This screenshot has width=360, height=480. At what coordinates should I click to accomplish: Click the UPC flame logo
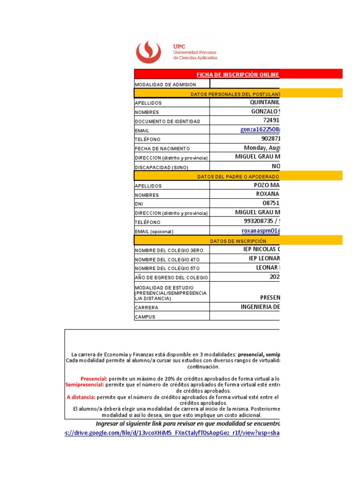148,52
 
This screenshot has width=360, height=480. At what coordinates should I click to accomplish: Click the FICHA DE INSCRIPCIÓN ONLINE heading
238,75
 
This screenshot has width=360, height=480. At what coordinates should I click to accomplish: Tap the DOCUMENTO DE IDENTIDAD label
167,121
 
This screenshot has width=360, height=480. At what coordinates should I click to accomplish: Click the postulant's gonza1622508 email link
260,130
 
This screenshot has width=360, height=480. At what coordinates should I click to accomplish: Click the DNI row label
139,204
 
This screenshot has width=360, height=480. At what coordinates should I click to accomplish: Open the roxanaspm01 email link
261,231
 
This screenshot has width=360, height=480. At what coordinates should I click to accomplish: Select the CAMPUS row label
145,317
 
